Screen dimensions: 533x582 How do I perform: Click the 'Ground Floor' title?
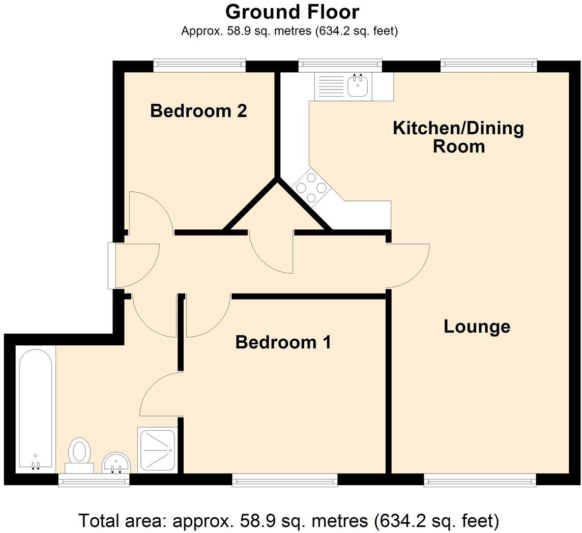292,12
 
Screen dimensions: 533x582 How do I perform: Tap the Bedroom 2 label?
198,110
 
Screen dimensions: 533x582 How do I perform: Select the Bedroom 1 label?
283,342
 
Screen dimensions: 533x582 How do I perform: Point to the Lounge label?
477,327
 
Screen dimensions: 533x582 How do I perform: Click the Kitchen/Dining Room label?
458,137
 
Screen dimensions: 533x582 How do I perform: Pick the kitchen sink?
358,86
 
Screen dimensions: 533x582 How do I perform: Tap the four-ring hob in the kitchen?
311,187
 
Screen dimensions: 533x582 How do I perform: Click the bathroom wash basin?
117,463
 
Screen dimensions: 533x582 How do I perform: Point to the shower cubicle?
157,449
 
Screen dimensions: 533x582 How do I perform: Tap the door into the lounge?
407,265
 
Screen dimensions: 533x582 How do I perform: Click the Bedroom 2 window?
199,65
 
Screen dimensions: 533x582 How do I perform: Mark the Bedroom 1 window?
284,480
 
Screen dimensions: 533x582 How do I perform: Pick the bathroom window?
94,480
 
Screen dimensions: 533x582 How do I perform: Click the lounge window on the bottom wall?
479,480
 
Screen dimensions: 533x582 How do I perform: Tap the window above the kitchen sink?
340,65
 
